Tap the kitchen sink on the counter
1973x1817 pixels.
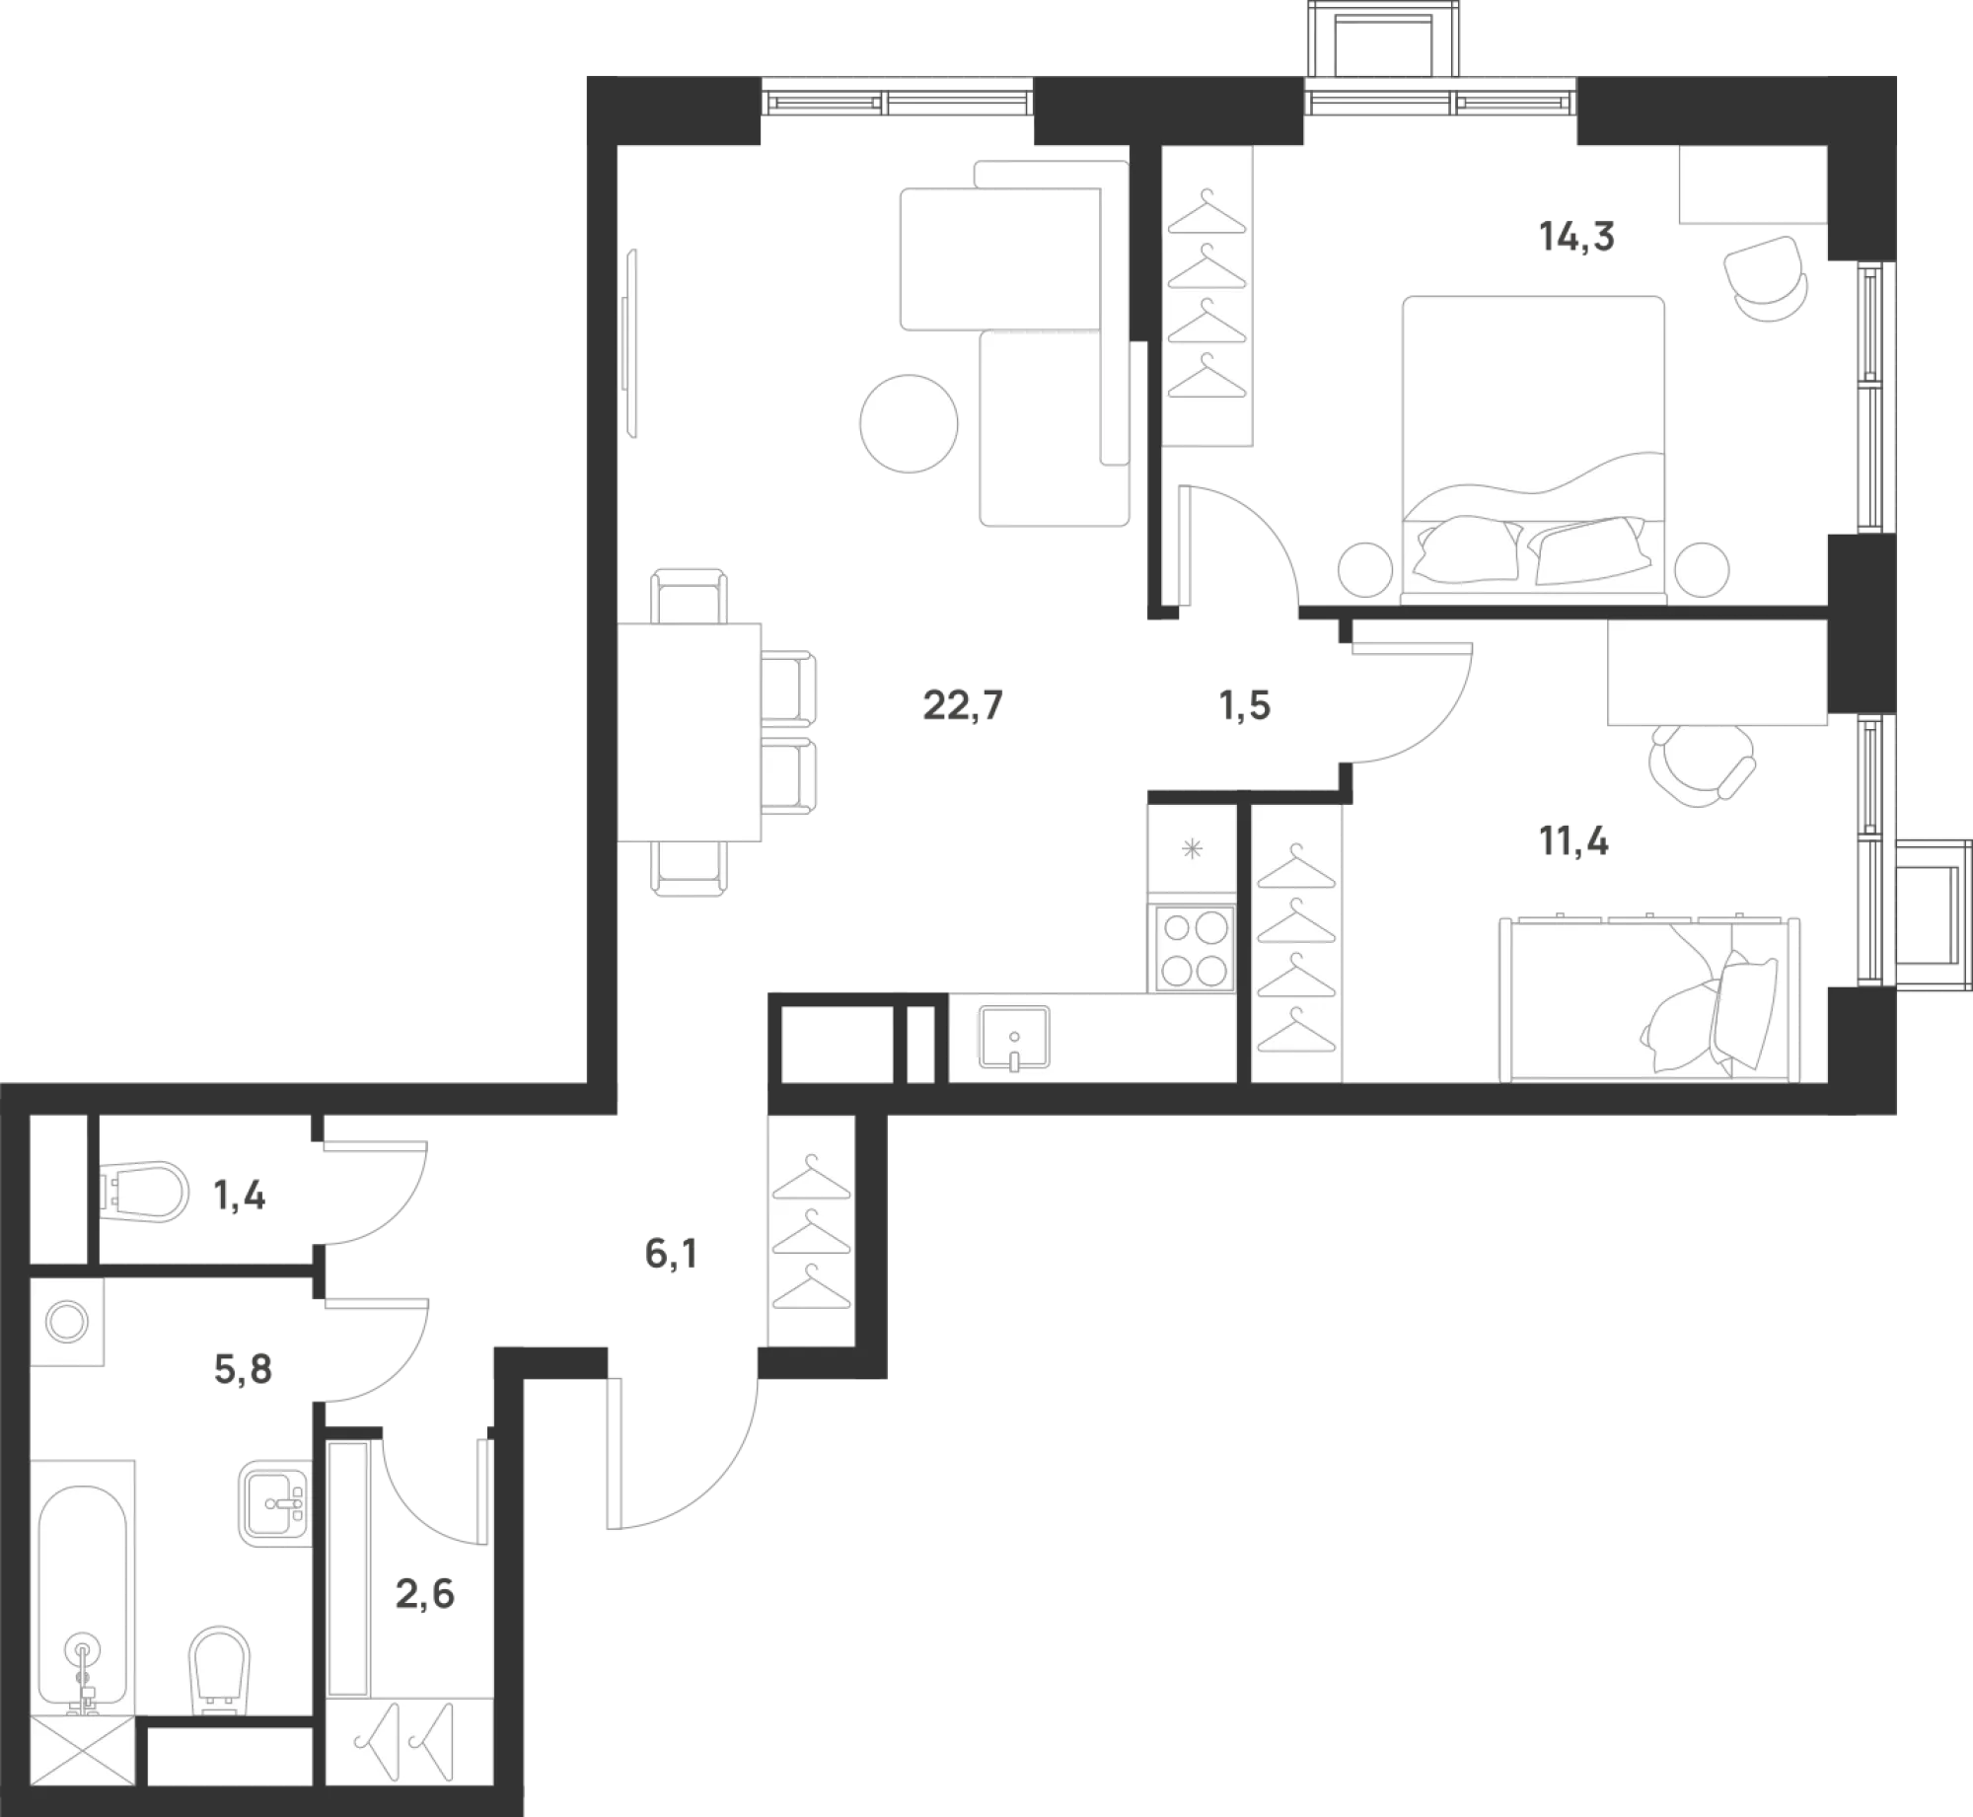click(1014, 1038)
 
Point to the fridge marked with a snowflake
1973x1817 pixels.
click(1193, 850)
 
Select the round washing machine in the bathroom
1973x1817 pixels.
click(69, 1324)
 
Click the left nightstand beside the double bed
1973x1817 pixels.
click(1366, 570)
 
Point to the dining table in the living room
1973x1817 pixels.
click(690, 730)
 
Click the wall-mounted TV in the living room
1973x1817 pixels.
click(629, 342)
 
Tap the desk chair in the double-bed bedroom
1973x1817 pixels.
click(1767, 277)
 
